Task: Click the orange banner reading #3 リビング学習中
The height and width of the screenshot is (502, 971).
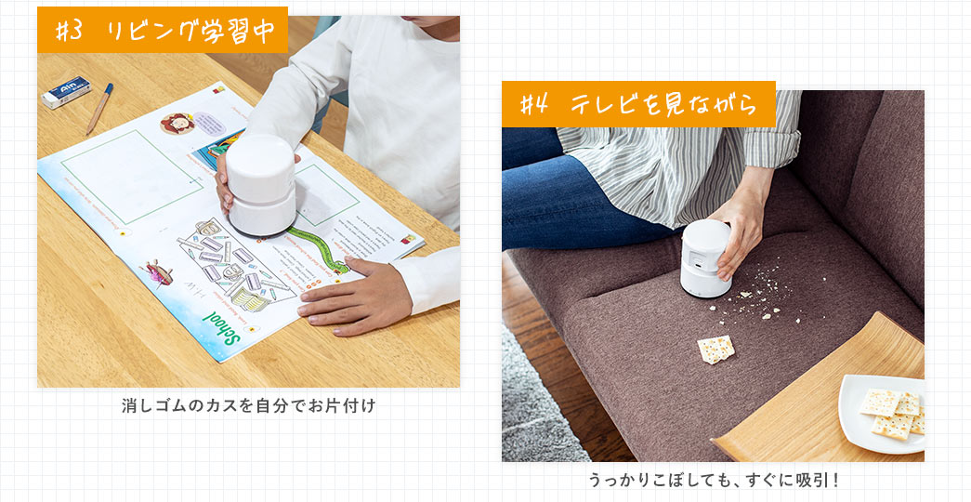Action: coord(163,31)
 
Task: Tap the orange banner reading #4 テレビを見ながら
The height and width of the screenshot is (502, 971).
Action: coord(638,104)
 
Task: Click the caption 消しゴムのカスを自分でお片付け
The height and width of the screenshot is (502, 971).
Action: coord(248,406)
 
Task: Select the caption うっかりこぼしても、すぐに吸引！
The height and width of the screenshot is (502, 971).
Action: coord(713,481)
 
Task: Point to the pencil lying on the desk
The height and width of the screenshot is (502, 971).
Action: coord(99,108)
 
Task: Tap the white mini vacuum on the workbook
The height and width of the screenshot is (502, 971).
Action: coord(261,184)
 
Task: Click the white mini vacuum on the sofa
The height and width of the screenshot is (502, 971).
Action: coord(705,258)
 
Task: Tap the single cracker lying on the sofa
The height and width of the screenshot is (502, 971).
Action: coord(715,350)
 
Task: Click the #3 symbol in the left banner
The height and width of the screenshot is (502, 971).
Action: coord(70,31)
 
